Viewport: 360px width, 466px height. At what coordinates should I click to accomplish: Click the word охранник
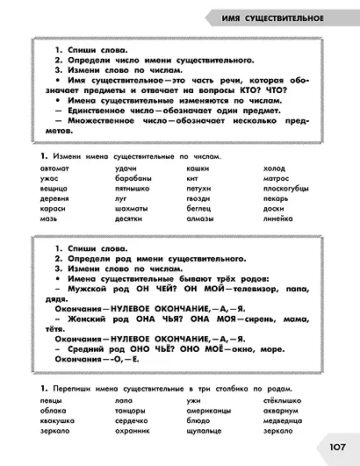coord(132,431)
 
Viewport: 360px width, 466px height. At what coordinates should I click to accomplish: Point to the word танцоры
coord(130,409)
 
